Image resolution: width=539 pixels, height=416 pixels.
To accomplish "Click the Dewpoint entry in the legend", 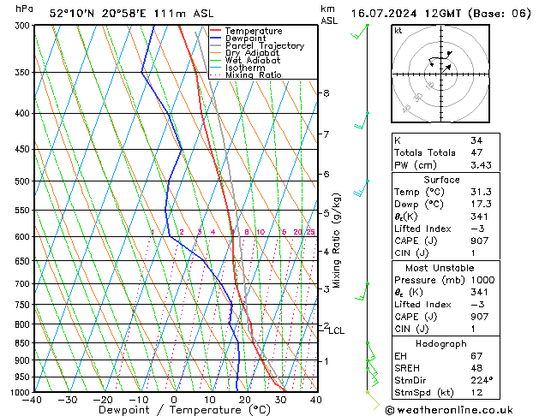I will pyautogui.click(x=247, y=39).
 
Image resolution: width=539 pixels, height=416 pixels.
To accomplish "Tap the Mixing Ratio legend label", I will pyautogui.click(x=253, y=75).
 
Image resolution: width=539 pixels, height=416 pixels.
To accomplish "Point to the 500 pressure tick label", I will pyautogui.click(x=21, y=181).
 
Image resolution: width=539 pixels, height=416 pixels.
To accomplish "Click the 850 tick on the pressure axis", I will pyautogui.click(x=21, y=343).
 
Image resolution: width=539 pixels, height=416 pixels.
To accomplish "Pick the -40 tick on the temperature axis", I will pyautogui.click(x=33, y=400).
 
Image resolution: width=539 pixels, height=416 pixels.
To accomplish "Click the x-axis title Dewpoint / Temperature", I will pyautogui.click(x=174, y=411).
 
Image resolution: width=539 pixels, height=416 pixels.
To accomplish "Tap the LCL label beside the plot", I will pyautogui.click(x=337, y=330).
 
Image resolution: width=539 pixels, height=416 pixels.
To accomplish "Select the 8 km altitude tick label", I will pyautogui.click(x=326, y=92).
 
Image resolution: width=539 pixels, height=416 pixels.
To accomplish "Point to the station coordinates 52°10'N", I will pyautogui.click(x=71, y=14).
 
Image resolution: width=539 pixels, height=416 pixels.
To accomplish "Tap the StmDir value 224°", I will pyautogui.click(x=482, y=380).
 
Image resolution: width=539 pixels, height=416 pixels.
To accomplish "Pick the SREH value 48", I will pyautogui.click(x=476, y=368).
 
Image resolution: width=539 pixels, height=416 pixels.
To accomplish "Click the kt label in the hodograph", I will pyautogui.click(x=398, y=31).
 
